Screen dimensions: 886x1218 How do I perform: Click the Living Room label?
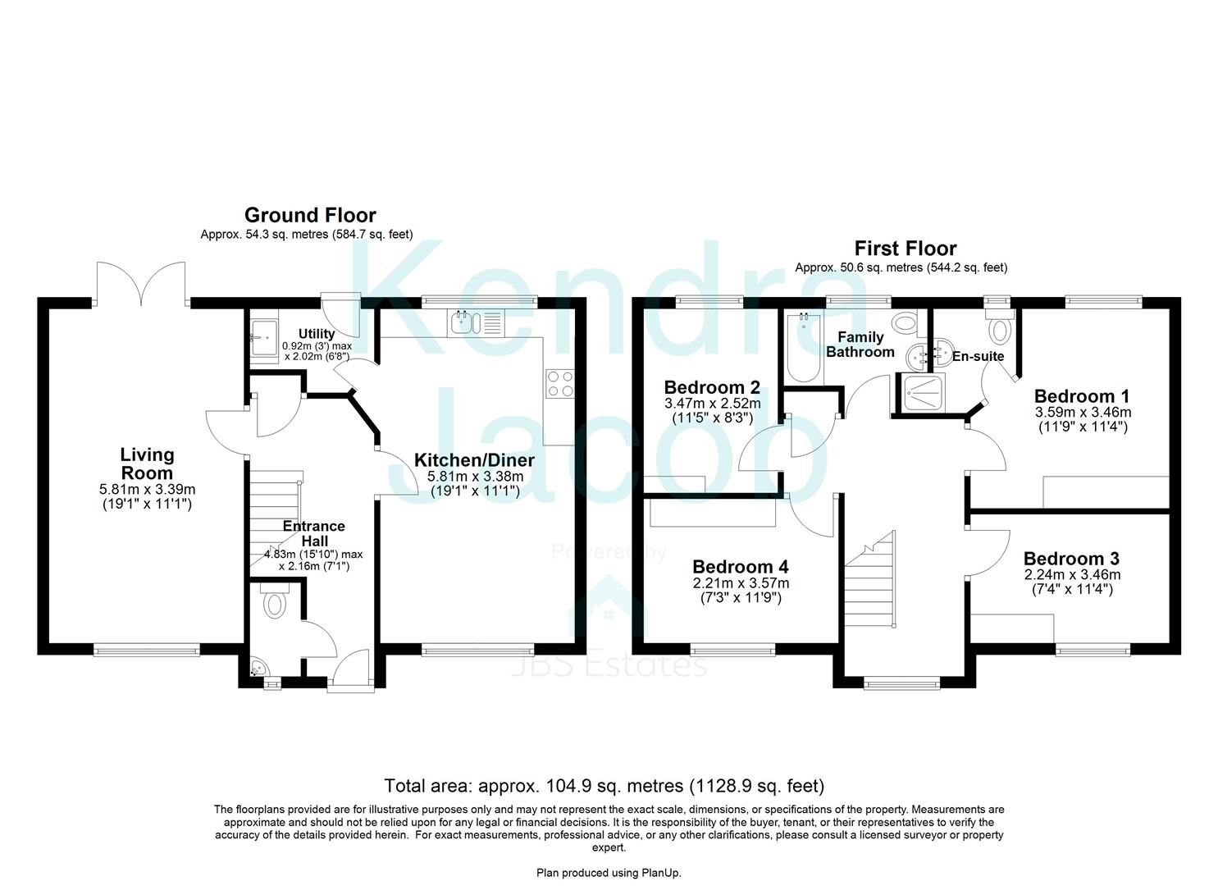[147, 464]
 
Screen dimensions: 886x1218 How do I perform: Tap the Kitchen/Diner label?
[474, 460]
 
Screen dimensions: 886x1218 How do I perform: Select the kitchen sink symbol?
[463, 322]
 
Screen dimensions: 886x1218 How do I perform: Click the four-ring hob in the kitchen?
[559, 383]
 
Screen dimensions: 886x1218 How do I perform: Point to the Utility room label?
[316, 334]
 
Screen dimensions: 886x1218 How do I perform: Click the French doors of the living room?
[140, 283]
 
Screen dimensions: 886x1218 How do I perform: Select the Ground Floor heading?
[310, 215]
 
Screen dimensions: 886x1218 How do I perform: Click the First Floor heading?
[905, 248]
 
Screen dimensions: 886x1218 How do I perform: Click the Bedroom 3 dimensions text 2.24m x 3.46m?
[1072, 575]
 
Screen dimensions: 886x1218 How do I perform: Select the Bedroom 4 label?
[740, 567]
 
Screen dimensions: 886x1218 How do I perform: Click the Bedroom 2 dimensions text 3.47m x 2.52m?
[712, 404]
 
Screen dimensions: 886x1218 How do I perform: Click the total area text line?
[604, 786]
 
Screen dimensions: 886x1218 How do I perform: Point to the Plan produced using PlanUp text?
[609, 873]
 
